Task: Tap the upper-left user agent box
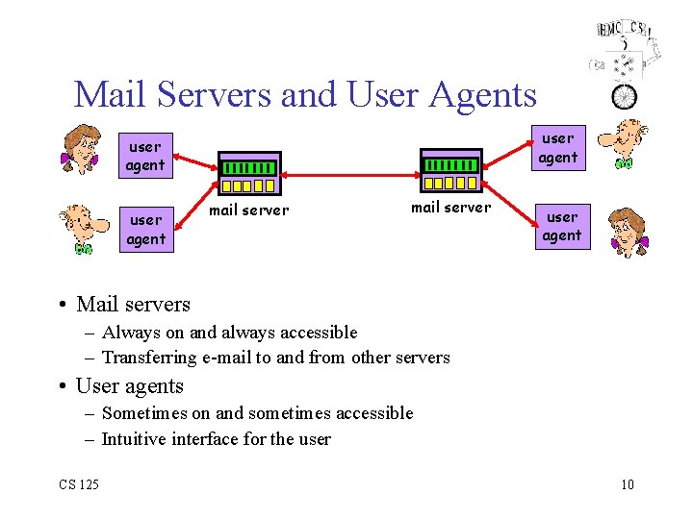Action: point(145,156)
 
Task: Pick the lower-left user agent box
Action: point(146,230)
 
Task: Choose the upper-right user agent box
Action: point(557,147)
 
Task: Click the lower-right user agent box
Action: point(562,226)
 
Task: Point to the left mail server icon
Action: point(249,174)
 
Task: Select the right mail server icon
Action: point(450,171)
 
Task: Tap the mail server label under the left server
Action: point(249,210)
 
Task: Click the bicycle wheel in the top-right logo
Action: point(625,96)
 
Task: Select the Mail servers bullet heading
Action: point(133,305)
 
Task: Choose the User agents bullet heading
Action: point(129,386)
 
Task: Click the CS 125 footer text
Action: point(78,484)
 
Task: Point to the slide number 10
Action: point(627,484)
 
